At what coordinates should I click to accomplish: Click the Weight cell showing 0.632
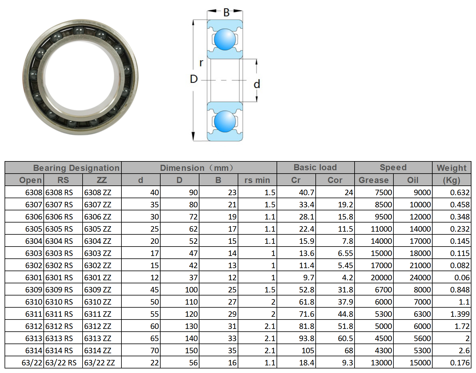pyautogui.click(x=452, y=192)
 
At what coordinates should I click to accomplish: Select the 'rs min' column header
pyautogui.click(x=257, y=180)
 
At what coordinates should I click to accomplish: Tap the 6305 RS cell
pyautogui.click(x=63, y=229)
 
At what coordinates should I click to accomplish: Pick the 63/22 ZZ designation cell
pyautogui.click(x=102, y=362)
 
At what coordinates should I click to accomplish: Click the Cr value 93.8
pyautogui.click(x=296, y=338)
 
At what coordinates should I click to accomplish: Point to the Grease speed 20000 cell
pyautogui.click(x=374, y=277)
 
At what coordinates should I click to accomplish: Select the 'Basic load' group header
pyautogui.click(x=315, y=168)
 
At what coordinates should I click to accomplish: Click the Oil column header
pyautogui.click(x=413, y=180)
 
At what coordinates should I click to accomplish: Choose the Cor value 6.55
pyautogui.click(x=335, y=253)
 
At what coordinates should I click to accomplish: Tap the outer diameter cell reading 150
pyautogui.click(x=179, y=351)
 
